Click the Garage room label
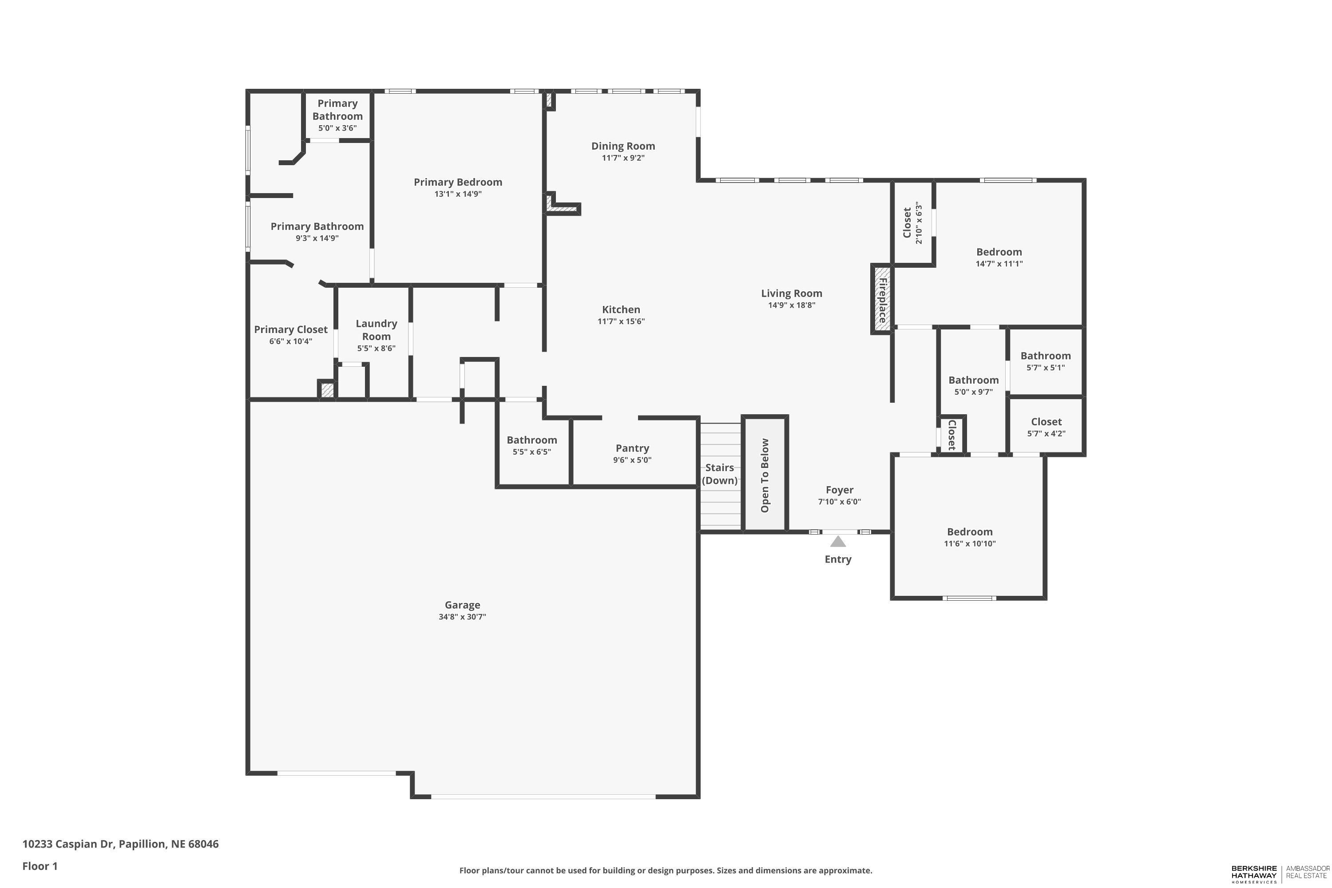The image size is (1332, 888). click(x=462, y=605)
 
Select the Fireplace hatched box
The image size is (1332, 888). click(x=882, y=299)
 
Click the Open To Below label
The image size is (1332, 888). click(x=765, y=475)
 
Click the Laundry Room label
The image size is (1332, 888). click(x=376, y=329)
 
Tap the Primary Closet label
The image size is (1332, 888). click(x=290, y=329)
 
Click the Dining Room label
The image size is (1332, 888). click(x=623, y=146)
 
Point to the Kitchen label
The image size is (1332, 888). click(x=621, y=309)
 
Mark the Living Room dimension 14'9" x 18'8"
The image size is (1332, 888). click(x=791, y=305)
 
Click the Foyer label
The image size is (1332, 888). click(x=839, y=490)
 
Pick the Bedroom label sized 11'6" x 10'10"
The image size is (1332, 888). click(x=970, y=532)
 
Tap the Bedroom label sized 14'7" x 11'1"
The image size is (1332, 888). click(x=999, y=252)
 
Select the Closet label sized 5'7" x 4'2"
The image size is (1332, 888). click(x=1046, y=422)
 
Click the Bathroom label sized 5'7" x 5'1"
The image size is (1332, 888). click(x=1046, y=356)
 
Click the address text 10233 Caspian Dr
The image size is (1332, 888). click(x=120, y=844)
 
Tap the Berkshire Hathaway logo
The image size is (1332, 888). click(x=1254, y=873)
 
